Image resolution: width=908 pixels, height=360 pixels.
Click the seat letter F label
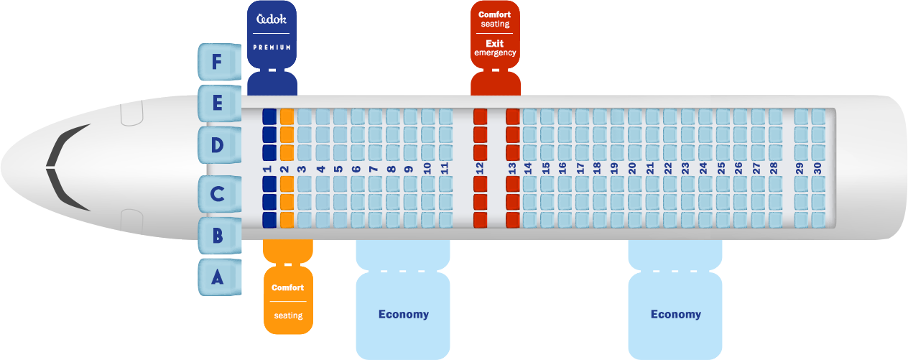point(217,63)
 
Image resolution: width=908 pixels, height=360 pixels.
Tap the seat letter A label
point(217,277)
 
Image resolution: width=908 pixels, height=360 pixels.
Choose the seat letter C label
point(217,194)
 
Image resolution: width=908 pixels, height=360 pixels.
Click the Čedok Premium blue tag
point(272,36)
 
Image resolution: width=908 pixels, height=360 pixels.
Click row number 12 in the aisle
point(480,167)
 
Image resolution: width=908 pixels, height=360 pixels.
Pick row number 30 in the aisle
point(817,167)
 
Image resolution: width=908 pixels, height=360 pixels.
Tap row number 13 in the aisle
point(512,167)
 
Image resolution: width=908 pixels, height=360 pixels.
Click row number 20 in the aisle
point(632,167)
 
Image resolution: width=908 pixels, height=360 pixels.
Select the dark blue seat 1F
point(269,116)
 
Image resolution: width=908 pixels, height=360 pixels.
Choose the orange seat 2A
point(287,219)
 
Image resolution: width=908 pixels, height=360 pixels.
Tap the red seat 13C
point(513,185)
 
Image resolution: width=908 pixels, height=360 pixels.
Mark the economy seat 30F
point(818,116)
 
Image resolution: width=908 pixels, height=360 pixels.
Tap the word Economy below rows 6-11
point(403,314)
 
